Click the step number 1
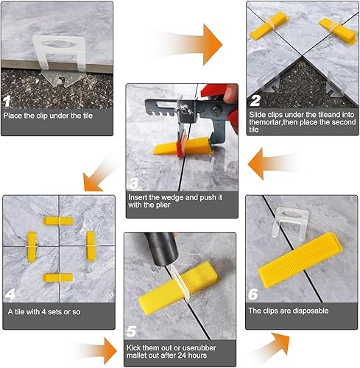(x=7, y=102)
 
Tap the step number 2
(x=255, y=101)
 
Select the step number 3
(x=134, y=183)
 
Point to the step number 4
(x=10, y=294)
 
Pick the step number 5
(x=131, y=331)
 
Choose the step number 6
(x=253, y=294)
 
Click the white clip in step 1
(x=60, y=60)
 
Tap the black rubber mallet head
(x=161, y=249)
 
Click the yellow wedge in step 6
(x=300, y=261)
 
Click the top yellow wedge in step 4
(x=58, y=221)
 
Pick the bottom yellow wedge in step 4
(x=58, y=277)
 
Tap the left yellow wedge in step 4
(x=32, y=247)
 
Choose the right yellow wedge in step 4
(x=91, y=246)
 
